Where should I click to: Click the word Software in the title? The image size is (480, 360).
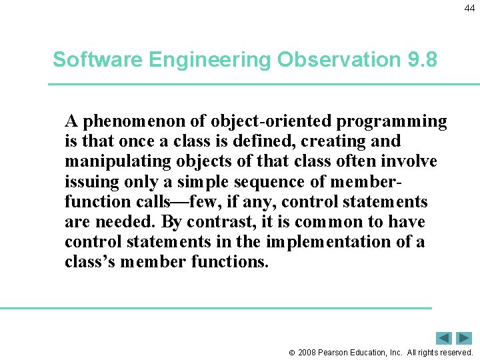97,60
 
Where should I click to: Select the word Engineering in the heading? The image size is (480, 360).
210,60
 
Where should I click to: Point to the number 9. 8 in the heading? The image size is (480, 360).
422,60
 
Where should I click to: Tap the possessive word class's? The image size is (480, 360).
91,261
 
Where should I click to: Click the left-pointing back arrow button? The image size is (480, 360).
444,338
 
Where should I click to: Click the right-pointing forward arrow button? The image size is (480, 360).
464,338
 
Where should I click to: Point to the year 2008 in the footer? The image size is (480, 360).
307,352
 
